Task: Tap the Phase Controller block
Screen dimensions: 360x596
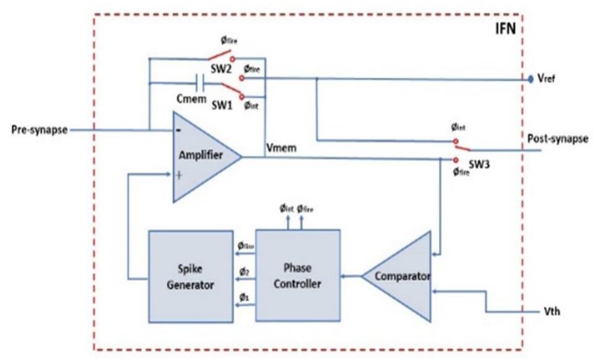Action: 298,275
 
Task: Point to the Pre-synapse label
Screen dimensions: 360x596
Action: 39,130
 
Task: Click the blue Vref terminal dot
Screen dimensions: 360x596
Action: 531,79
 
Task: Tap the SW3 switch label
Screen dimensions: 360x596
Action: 477,165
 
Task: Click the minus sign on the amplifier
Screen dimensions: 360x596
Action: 178,130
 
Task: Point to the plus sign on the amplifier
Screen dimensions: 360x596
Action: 180,175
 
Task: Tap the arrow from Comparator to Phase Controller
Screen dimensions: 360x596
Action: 350,276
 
